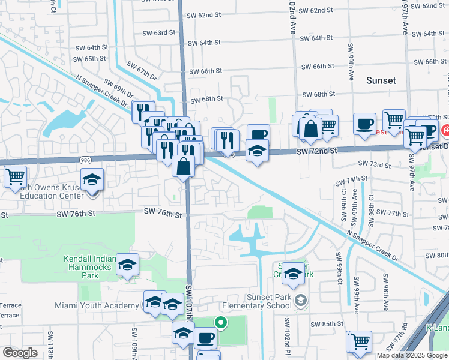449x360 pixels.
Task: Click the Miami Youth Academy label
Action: [x=97, y=305]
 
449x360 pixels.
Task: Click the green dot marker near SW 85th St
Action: [x=221, y=323]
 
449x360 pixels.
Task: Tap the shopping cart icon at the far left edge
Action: [x=15, y=177]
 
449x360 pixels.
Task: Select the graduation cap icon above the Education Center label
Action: [x=92, y=180]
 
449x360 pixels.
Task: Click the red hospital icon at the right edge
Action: [x=446, y=130]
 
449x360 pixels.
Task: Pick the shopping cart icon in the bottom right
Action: [x=360, y=341]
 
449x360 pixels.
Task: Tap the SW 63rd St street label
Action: [x=159, y=32]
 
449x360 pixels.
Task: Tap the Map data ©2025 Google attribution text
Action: [x=412, y=355]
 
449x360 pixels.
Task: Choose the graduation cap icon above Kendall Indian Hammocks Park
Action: [x=127, y=265]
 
